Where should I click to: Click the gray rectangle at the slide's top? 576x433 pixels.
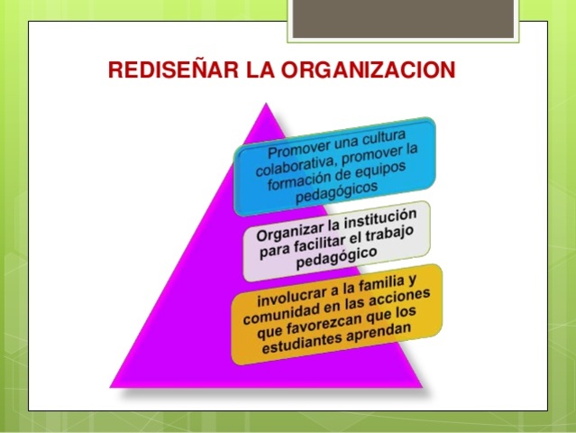click(405, 18)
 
